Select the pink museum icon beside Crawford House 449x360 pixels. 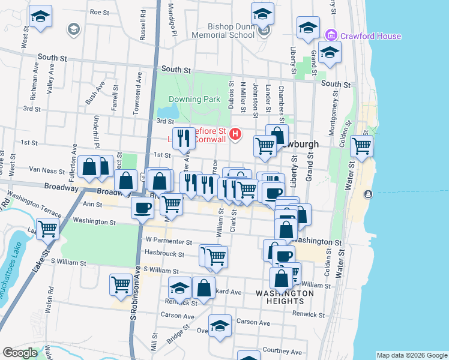(329, 36)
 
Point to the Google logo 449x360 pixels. (20, 353)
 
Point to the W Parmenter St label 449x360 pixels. (169, 241)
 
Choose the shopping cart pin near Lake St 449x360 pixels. (47, 228)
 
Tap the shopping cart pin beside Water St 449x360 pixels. (361, 145)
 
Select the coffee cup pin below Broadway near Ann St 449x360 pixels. (142, 208)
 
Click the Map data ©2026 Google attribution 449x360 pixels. (412, 355)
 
